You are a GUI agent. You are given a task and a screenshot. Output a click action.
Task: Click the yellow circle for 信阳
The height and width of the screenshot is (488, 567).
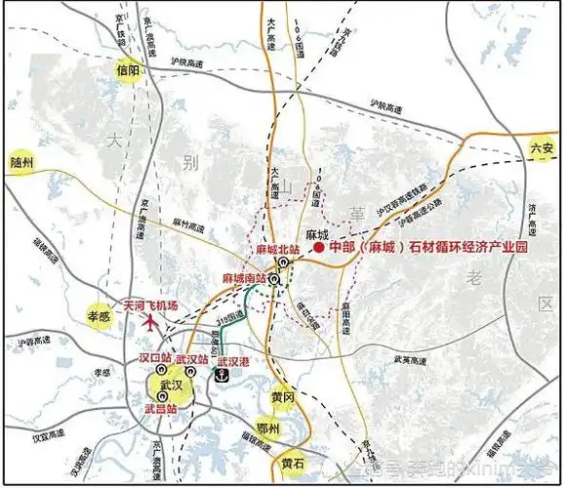(x=128, y=70)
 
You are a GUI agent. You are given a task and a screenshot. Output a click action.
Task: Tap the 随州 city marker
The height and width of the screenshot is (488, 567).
(x=21, y=163)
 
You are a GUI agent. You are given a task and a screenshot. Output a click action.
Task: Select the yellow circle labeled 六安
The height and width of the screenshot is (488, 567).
(x=542, y=149)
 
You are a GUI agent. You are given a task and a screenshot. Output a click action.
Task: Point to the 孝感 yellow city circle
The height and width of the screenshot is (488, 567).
(x=101, y=317)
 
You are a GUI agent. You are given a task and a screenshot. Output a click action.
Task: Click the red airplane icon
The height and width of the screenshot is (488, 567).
(x=152, y=321)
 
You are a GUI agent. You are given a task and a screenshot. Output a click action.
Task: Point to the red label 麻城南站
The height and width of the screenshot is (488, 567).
(x=243, y=279)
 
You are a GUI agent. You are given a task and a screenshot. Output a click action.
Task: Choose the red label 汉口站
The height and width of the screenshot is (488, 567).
(x=155, y=358)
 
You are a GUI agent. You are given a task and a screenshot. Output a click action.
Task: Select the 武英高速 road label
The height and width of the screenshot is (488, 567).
(x=412, y=361)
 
